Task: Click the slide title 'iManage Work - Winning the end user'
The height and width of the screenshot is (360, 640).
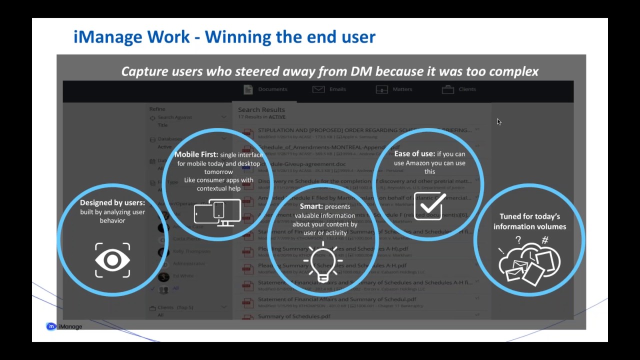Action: coord(224,37)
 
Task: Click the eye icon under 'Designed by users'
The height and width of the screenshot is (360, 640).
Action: coord(112,260)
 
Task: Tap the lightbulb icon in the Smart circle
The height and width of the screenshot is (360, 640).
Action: coord(322,261)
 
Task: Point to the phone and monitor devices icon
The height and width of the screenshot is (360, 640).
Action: coord(217,213)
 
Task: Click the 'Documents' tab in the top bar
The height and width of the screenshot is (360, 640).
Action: coord(265,89)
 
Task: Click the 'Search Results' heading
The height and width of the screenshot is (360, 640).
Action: coord(261,109)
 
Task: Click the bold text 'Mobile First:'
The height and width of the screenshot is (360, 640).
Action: coord(196,154)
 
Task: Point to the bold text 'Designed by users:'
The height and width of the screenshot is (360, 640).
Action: coord(112,202)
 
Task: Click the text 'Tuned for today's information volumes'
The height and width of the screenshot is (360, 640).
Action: coord(529,221)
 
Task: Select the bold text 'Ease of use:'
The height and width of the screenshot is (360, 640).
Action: coord(414,154)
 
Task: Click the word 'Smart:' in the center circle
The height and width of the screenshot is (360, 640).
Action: coord(311,206)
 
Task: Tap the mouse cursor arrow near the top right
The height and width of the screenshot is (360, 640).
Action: coord(498,121)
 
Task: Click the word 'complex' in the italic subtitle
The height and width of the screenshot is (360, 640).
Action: coord(513,71)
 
